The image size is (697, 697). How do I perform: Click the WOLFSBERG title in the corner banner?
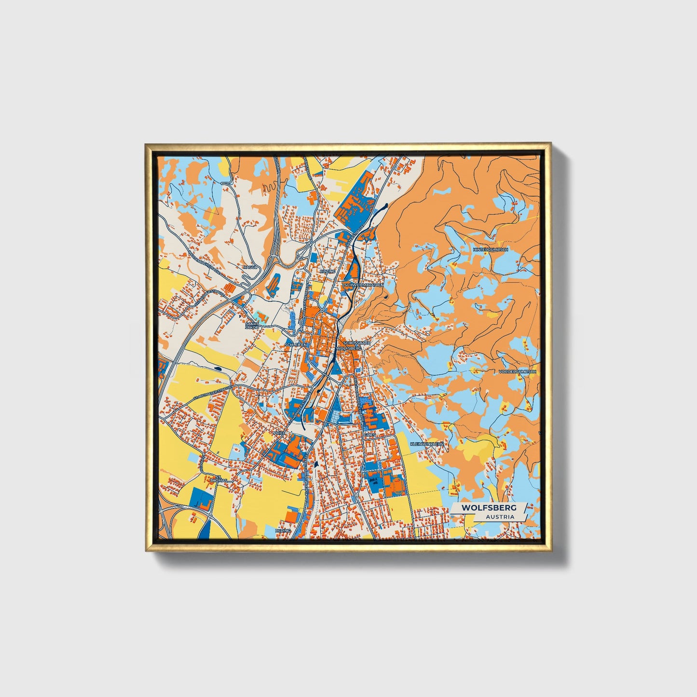pyautogui.click(x=489, y=507)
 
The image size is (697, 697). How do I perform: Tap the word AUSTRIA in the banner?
pyautogui.click(x=500, y=517)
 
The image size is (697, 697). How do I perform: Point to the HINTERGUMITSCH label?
pyautogui.click(x=491, y=249)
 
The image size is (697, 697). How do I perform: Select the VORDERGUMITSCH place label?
pyautogui.click(x=518, y=371)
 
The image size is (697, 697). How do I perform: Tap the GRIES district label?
pyautogui.click(x=369, y=435)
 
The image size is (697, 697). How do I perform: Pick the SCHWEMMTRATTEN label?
pyautogui.click(x=364, y=285)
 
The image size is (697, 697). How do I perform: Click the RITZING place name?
pyautogui.click(x=327, y=272)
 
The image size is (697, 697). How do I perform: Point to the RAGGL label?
pyautogui.click(x=251, y=266)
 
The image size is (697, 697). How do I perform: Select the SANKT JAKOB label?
pyautogui.click(x=252, y=326)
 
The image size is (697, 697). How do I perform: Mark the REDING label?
pyautogui.click(x=283, y=530)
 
